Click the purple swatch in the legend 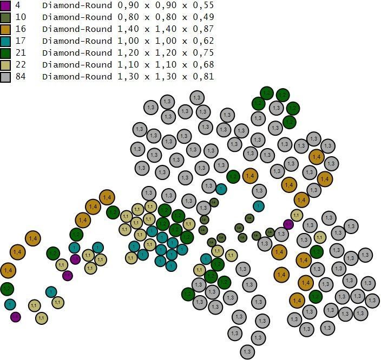pyautogui.click(x=5, y=5)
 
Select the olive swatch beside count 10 pyautogui.click(x=5, y=17)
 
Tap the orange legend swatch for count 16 pyautogui.click(x=5, y=29)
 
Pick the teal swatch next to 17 pyautogui.click(x=5, y=41)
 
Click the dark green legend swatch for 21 pyautogui.click(x=5, y=53)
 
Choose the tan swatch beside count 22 pyautogui.click(x=5, y=65)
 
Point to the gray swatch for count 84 pyautogui.click(x=5, y=77)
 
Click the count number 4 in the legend pyautogui.click(x=18, y=5)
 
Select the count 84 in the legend pyautogui.click(x=20, y=77)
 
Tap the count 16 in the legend pyautogui.click(x=20, y=29)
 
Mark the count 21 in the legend pyautogui.click(x=20, y=53)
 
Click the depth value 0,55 pyautogui.click(x=203, y=5)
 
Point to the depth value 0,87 pyautogui.click(x=203, y=29)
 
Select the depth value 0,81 pyautogui.click(x=203, y=77)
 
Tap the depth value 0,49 pyautogui.click(x=203, y=17)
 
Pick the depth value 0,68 pyautogui.click(x=203, y=65)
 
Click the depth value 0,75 pyautogui.click(x=203, y=53)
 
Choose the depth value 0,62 pyautogui.click(x=203, y=41)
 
